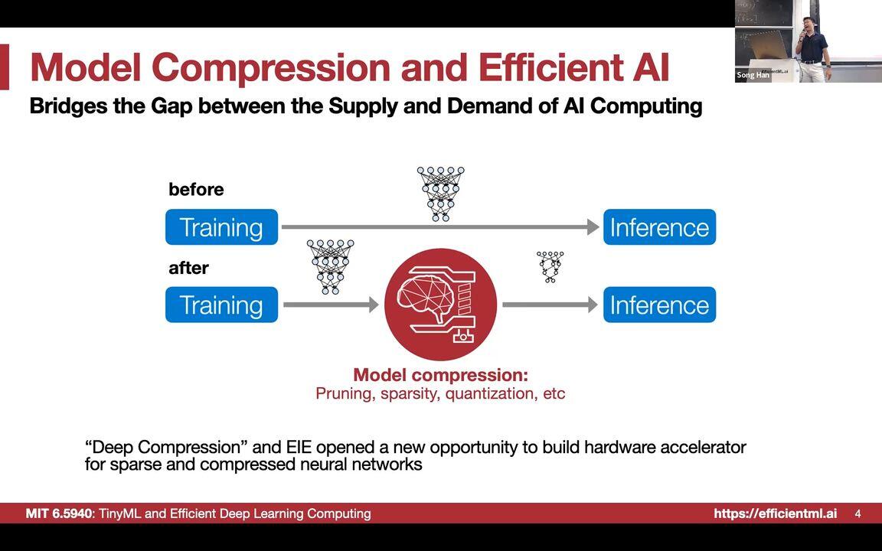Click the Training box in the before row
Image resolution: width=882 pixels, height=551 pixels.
tap(221, 227)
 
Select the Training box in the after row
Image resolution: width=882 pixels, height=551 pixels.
tap(221, 305)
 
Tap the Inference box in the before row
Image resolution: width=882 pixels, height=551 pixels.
tap(659, 227)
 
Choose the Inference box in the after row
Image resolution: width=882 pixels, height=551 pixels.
tap(659, 305)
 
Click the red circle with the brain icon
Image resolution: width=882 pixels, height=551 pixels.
tap(440, 305)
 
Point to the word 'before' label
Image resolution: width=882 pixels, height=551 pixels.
tap(196, 190)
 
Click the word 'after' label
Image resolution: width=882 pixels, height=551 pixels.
tap(188, 268)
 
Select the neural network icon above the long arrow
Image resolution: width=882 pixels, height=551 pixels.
tap(440, 194)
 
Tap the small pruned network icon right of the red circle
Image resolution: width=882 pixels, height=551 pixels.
tap(550, 266)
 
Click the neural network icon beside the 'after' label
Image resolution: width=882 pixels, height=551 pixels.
tap(330, 266)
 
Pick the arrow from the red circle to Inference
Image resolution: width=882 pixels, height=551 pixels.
tap(549, 305)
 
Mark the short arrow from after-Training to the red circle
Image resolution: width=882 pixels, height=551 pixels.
tap(330, 305)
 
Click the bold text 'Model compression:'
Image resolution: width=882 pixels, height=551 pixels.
tap(440, 375)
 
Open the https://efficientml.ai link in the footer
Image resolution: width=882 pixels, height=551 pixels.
tap(775, 514)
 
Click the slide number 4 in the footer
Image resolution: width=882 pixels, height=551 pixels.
tap(857, 514)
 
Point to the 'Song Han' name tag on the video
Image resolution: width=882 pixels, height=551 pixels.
tap(752, 75)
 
